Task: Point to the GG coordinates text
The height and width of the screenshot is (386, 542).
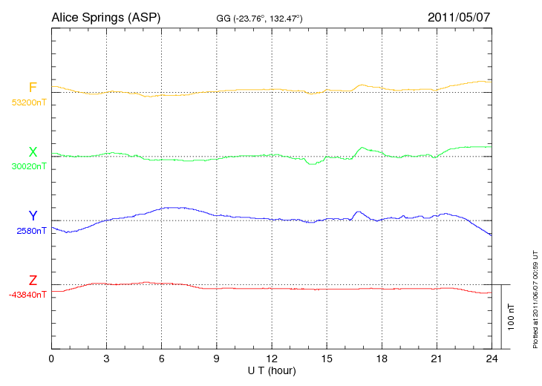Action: [x=259, y=18]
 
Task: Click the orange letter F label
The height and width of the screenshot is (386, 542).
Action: [x=33, y=88]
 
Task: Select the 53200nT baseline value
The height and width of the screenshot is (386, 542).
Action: [x=28, y=102]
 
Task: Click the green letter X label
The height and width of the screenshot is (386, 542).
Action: [x=33, y=152]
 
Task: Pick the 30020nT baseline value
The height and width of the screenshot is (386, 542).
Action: [x=28, y=166]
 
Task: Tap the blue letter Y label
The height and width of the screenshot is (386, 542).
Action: [x=33, y=216]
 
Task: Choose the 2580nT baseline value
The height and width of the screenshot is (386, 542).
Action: [x=31, y=231]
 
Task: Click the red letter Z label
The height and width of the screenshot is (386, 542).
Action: [x=33, y=281]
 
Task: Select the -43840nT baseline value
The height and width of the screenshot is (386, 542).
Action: [x=28, y=295]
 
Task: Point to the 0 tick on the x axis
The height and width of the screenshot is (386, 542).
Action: [x=51, y=359]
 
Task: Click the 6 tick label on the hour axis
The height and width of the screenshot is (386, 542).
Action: [x=162, y=359]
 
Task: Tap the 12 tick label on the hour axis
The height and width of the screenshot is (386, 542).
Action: [x=272, y=359]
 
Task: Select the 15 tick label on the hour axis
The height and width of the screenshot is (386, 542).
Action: [x=327, y=359]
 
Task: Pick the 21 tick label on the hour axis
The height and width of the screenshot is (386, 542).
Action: [x=437, y=359]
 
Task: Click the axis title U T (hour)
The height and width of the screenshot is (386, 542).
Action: [x=272, y=370]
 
